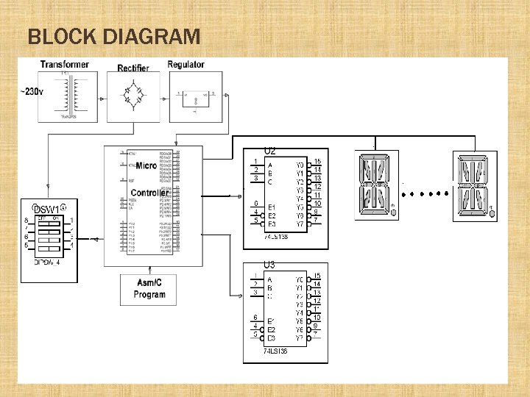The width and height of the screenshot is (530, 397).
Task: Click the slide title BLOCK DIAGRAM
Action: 113,36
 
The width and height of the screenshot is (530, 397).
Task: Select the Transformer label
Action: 65,65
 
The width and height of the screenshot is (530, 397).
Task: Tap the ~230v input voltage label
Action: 32,92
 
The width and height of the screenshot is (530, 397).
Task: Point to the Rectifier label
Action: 133,68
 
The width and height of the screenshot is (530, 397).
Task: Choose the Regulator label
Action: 186,65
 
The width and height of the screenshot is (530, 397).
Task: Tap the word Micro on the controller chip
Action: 146,166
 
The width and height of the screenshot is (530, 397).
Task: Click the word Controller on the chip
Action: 149,193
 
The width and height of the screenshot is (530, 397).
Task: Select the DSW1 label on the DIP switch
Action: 46,210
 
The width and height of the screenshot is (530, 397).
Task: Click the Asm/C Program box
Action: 149,290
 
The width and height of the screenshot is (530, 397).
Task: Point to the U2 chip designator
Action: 269,151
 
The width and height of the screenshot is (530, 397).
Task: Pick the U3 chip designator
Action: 269,265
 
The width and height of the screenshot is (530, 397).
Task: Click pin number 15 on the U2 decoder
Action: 317,162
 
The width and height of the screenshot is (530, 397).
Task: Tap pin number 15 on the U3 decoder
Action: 317,276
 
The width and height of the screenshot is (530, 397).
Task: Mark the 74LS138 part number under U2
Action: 276,237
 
